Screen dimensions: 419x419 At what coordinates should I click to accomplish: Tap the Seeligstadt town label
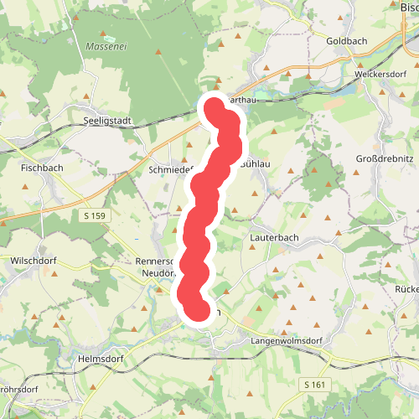[109, 121]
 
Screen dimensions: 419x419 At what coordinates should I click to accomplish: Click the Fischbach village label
[42, 167]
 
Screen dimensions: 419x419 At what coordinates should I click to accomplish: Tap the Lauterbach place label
[275, 237]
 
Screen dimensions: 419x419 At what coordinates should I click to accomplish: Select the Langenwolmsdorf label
[287, 342]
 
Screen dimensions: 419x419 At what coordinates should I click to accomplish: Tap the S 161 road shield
[313, 383]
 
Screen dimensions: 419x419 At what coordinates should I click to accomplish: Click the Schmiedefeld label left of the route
[171, 168]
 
